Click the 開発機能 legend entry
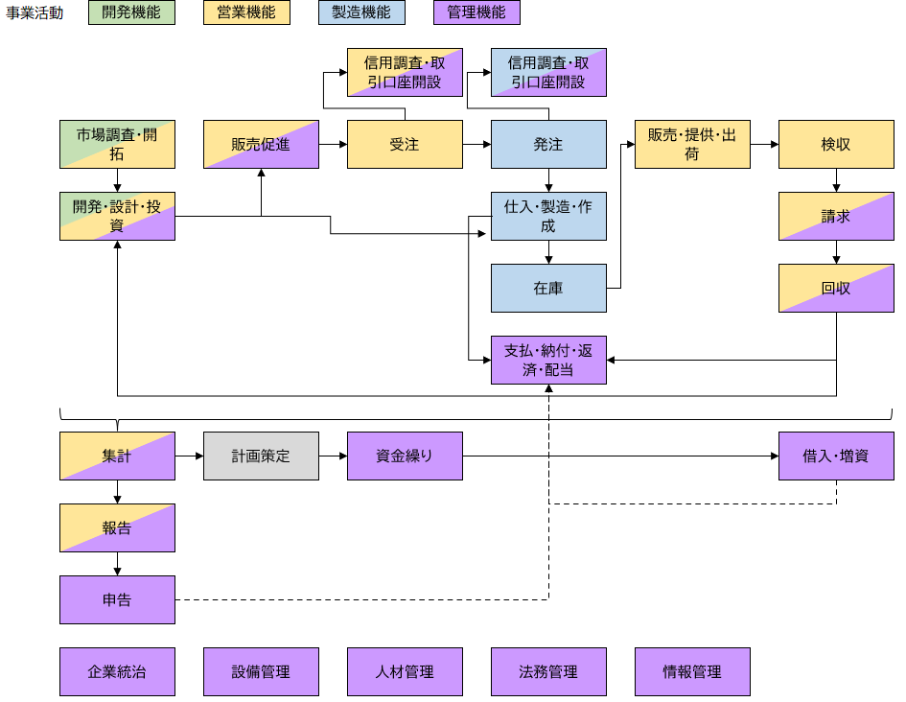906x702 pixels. [x=131, y=12]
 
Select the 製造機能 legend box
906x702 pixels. [x=361, y=12]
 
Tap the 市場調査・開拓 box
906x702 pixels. [x=117, y=144]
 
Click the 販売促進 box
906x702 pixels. [x=261, y=144]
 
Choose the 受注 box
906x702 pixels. [x=405, y=144]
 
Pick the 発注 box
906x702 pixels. [x=548, y=144]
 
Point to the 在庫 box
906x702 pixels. [x=548, y=288]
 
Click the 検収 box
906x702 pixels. [x=836, y=144]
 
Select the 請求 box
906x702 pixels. [x=836, y=216]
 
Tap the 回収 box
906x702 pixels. [x=836, y=288]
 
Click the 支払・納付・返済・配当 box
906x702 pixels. [x=548, y=360]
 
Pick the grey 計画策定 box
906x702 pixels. [x=261, y=456]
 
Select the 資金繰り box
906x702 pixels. [x=405, y=456]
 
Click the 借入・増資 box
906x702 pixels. [x=836, y=456]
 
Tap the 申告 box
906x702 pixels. [x=117, y=599]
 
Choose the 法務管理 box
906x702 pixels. [x=548, y=671]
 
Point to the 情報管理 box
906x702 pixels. [x=692, y=671]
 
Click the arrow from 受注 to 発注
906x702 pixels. [x=476, y=144]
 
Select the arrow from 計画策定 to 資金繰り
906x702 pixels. [x=333, y=456]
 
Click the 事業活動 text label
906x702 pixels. [x=35, y=13]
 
